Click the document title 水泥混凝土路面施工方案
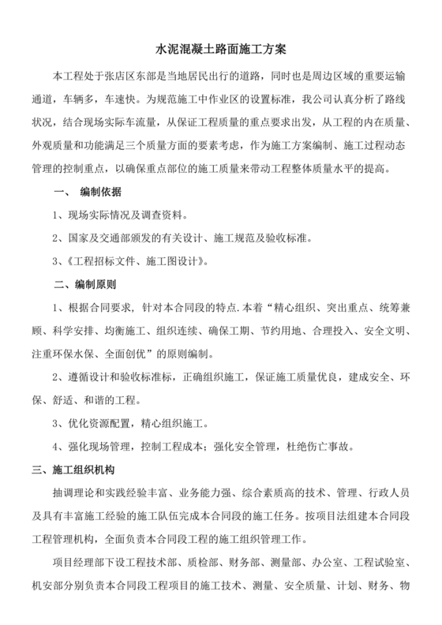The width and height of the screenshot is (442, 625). (220, 50)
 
